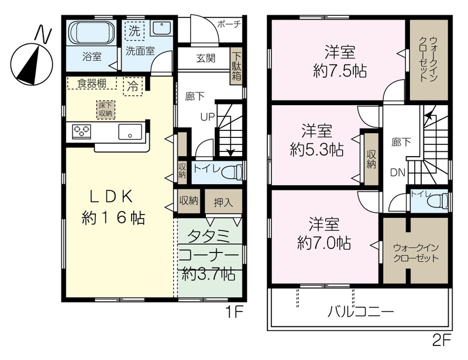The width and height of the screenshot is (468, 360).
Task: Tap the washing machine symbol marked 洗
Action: [135, 31]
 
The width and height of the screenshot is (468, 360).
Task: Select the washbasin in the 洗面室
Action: [161, 29]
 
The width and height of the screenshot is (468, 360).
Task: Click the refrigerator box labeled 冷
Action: [133, 86]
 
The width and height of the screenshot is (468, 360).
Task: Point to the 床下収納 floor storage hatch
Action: [105, 109]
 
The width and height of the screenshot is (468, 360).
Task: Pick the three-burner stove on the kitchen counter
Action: [81, 131]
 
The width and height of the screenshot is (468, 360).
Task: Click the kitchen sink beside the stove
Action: [130, 132]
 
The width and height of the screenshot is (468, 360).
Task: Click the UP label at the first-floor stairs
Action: [207, 117]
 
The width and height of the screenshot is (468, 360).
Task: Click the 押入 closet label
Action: [223, 203]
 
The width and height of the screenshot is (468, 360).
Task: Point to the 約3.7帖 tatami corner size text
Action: [208, 275]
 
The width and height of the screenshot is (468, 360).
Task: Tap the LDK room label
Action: [111, 196]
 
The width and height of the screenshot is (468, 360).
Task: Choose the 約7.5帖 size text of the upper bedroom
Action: [340, 71]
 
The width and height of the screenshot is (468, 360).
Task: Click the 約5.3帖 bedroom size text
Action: [316, 149]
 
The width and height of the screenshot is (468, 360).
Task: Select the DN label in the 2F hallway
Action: [398, 172]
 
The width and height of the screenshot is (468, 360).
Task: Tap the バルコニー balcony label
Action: [361, 311]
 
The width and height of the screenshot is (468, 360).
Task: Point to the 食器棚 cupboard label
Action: [92, 83]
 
